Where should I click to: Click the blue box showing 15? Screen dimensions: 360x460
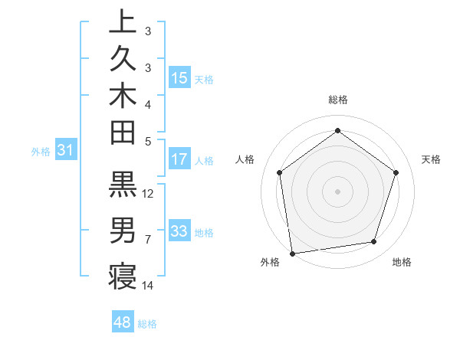coord(179,78)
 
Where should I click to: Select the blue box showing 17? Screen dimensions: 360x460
coord(179,160)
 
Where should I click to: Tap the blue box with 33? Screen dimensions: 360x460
coord(179,232)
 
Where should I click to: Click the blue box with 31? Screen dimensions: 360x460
coord(65,151)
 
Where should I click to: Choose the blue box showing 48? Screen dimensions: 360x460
coord(123,322)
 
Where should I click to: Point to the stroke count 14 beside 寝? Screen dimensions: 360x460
coord(149,286)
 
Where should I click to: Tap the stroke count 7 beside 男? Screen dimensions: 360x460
coord(148,240)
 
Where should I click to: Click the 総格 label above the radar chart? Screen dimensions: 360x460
coord(338,100)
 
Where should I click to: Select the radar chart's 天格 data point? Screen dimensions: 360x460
coord(396,172)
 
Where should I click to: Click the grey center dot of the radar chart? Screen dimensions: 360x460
coord(338,191)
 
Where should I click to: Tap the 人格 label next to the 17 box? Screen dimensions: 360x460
coord(204,161)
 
